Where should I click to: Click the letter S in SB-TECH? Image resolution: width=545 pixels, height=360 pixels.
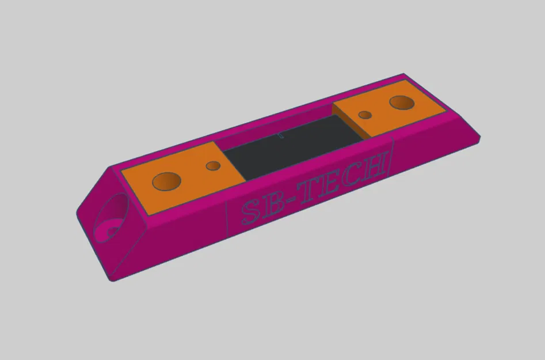pyautogui.click(x=251, y=213)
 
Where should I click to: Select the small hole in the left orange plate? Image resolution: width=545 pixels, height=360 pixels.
pyautogui.click(x=214, y=166)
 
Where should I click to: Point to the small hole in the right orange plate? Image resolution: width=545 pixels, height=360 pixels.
pyautogui.click(x=364, y=115)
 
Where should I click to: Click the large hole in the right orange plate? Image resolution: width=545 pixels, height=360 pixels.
pyautogui.click(x=402, y=103)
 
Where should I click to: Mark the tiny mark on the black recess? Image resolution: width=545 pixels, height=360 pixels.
pyautogui.click(x=281, y=135)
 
